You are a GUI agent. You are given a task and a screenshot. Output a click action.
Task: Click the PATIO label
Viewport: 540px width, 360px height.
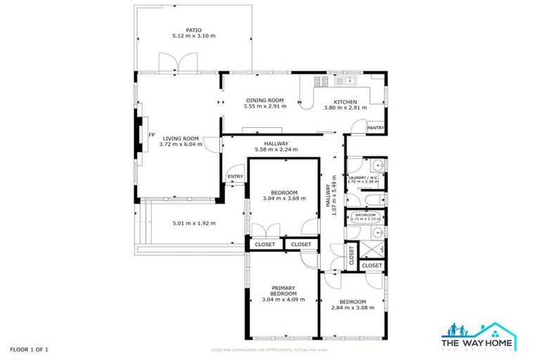click(x=193, y=30)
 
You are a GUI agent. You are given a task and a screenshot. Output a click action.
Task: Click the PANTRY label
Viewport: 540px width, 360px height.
click(x=375, y=128)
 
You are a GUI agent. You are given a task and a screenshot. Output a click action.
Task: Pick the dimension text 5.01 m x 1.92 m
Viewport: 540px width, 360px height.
click(x=193, y=224)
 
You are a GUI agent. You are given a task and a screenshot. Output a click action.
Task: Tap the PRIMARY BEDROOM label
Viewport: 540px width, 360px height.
click(x=283, y=291)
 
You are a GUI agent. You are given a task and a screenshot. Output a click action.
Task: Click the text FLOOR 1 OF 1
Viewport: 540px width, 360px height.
click(x=29, y=349)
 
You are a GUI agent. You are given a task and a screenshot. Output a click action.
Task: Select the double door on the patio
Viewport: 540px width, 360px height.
click(x=172, y=64)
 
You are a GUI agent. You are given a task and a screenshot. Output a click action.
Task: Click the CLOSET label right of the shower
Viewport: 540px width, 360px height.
click(x=372, y=266)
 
